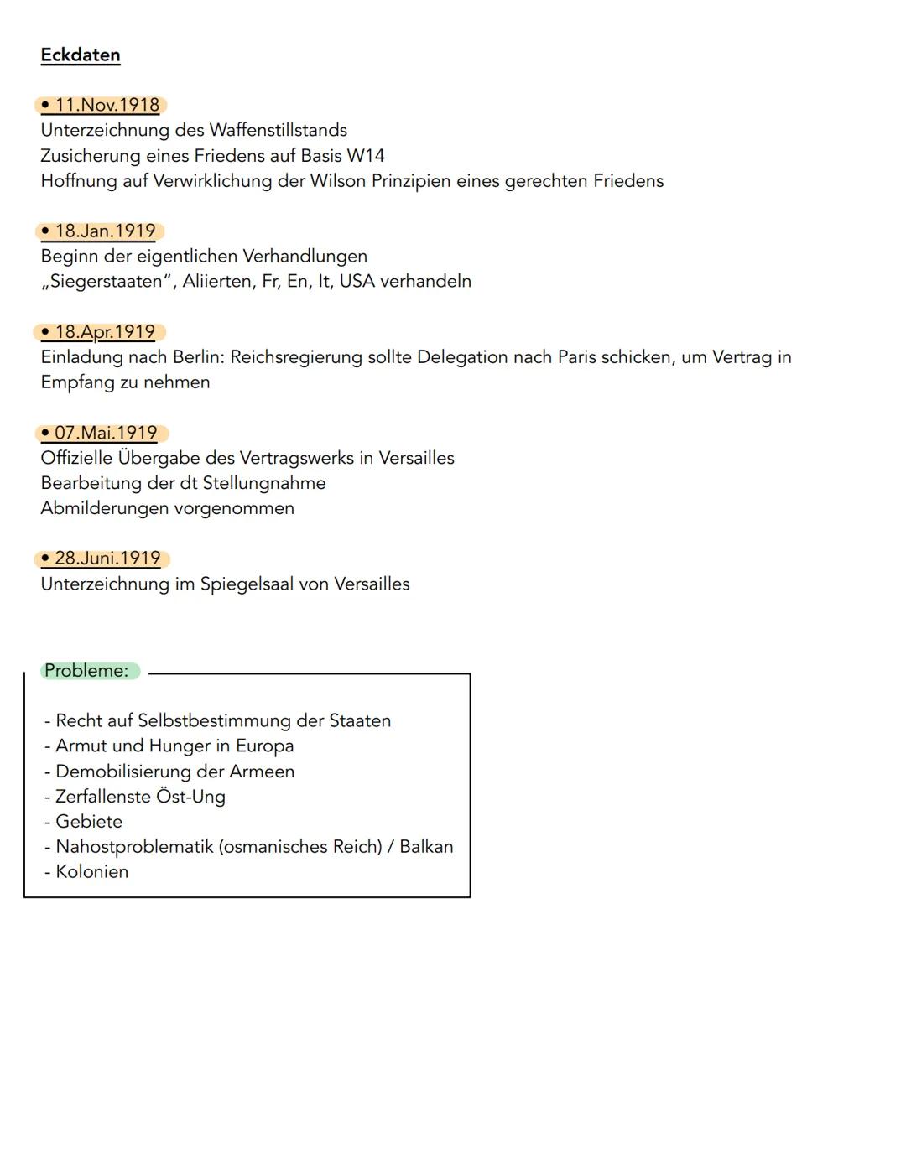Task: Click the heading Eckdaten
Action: click(81, 55)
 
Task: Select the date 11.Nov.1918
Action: click(107, 106)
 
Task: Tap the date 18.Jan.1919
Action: click(105, 231)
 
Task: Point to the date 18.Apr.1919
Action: click(105, 332)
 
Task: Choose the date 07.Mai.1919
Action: click(106, 434)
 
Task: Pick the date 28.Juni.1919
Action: click(107, 559)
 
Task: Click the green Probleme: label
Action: click(86, 671)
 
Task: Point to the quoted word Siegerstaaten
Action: click(106, 282)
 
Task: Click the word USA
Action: click(357, 282)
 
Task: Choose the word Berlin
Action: click(198, 357)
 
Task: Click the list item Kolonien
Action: click(91, 872)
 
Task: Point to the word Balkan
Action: click(426, 847)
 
